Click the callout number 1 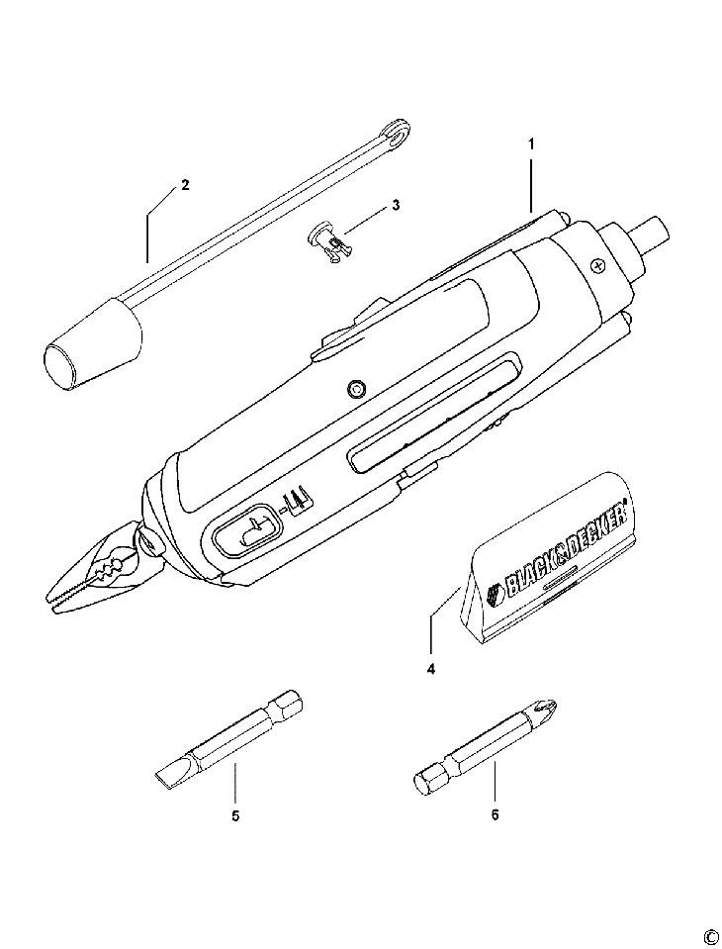531,143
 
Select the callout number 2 184,185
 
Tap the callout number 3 396,205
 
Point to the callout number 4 431,668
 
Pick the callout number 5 235,815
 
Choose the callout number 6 495,815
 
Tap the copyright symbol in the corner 709,935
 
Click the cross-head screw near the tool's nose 596,265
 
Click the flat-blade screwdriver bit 227,737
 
